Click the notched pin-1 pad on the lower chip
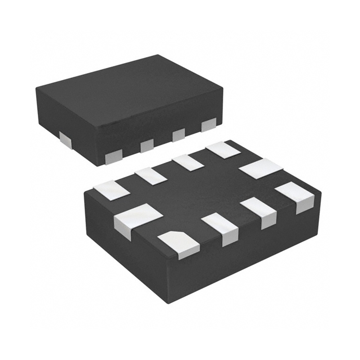point(179,244)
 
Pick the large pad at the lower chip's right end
point(261,168)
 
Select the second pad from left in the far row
point(151,175)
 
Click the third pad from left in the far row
point(188,162)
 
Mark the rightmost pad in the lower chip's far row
point(224,150)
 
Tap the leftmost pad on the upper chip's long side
point(114,156)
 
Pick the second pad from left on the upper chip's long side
point(147,145)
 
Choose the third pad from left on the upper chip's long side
point(179,135)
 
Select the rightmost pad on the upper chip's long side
point(209,125)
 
